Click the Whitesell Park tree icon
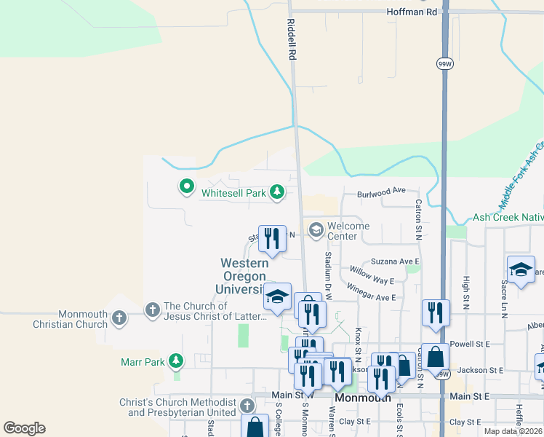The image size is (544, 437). tap(276, 193)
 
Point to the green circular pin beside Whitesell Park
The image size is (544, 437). tap(187, 187)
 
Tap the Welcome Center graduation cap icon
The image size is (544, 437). tap(316, 230)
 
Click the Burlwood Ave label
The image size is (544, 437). tap(380, 191)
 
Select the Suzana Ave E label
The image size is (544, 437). tap(396, 261)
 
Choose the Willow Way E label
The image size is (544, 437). tap(371, 275)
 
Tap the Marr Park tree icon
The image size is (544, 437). tap(175, 361)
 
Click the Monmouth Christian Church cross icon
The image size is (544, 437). tap(119, 318)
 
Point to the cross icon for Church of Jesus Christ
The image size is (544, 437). tap(152, 310)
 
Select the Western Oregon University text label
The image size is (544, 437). tap(244, 276)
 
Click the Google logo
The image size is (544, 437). tap(24, 428)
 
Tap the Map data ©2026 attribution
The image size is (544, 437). tap(513, 431)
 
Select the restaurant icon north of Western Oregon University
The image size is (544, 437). tap(272, 238)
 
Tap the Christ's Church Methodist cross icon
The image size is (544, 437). tap(247, 406)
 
